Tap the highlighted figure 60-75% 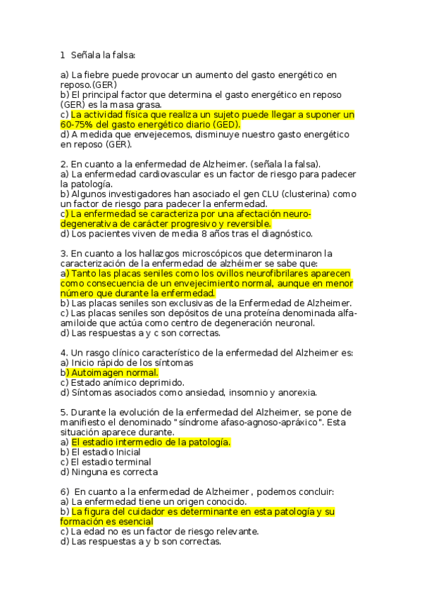click(78, 125)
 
